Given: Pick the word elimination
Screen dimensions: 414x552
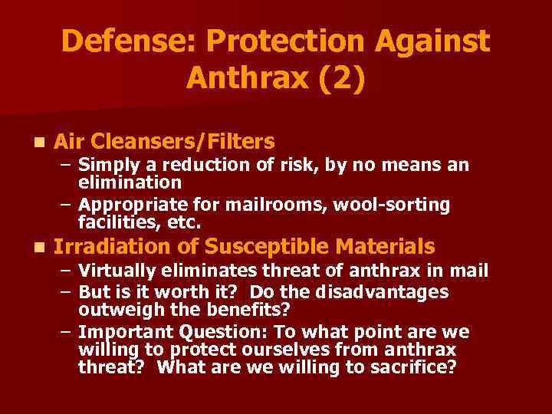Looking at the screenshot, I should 130,182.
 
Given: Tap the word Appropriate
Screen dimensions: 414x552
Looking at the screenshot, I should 127,205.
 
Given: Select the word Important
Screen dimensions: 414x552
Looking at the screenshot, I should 127,332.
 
